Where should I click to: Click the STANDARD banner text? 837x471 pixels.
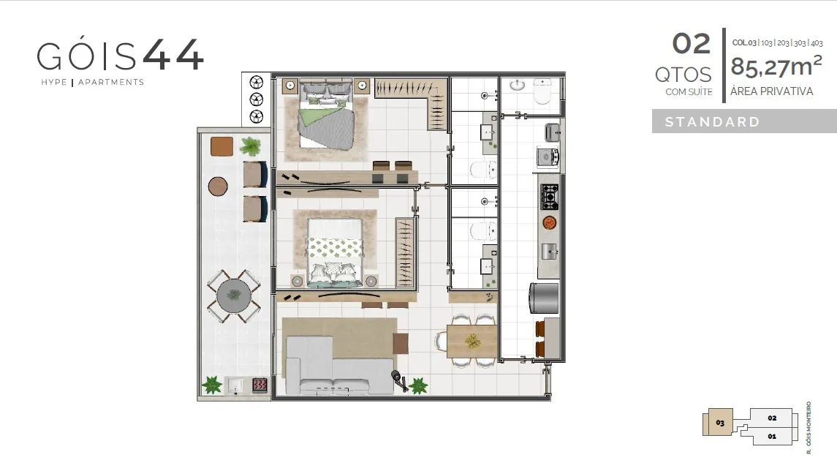point(712,121)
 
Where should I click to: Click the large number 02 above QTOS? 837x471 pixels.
point(692,44)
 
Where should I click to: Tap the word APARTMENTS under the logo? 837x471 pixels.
point(111,82)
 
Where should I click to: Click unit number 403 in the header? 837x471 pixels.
point(817,42)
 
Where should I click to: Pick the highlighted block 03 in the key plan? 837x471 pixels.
point(719,423)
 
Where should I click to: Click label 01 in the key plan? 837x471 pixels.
point(772,437)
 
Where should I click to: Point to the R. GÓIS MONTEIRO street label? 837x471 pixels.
point(808,428)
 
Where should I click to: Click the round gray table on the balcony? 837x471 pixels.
point(234,296)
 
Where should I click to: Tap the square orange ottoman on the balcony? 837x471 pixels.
point(221,146)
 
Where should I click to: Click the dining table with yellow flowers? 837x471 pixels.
point(472,341)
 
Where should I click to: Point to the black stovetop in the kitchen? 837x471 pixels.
point(549,197)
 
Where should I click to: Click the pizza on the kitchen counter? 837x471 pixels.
point(550,222)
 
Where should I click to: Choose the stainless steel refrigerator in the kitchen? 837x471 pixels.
point(544,298)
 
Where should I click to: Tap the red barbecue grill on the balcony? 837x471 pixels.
point(260,385)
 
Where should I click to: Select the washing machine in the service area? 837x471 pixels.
point(547,157)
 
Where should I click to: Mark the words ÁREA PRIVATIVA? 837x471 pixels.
point(771,91)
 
